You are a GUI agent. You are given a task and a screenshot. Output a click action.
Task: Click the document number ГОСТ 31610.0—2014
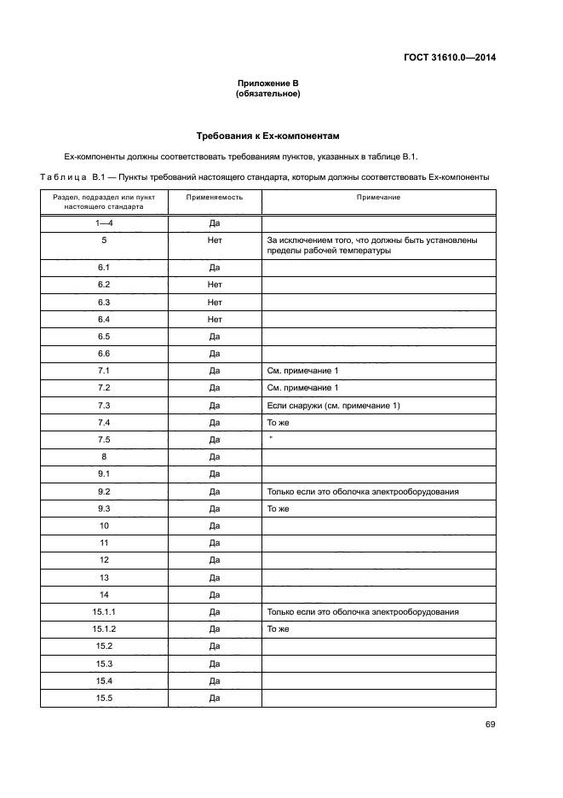click(449, 58)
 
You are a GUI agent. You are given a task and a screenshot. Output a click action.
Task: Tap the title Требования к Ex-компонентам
click(273, 136)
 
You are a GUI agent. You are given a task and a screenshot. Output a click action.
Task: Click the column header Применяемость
click(215, 197)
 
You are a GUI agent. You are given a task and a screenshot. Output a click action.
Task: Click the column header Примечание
click(378, 197)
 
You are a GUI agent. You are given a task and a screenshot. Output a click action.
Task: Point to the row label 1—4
click(104, 223)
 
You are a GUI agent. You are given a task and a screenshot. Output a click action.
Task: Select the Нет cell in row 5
click(215, 240)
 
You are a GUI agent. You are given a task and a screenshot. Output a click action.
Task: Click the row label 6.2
click(105, 285)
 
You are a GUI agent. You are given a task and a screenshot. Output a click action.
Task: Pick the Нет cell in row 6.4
click(215, 319)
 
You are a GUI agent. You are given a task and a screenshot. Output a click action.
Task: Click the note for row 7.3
click(333, 405)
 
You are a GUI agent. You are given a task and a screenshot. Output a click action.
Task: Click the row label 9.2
click(105, 491)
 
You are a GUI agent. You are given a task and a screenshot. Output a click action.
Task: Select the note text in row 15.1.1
click(363, 612)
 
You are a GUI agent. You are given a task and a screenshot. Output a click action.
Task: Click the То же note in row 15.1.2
click(279, 629)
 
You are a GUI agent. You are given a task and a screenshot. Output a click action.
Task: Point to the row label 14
click(105, 594)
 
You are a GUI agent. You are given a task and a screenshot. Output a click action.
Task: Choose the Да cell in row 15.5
click(215, 698)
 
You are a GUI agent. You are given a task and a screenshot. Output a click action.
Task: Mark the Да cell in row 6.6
click(215, 354)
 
